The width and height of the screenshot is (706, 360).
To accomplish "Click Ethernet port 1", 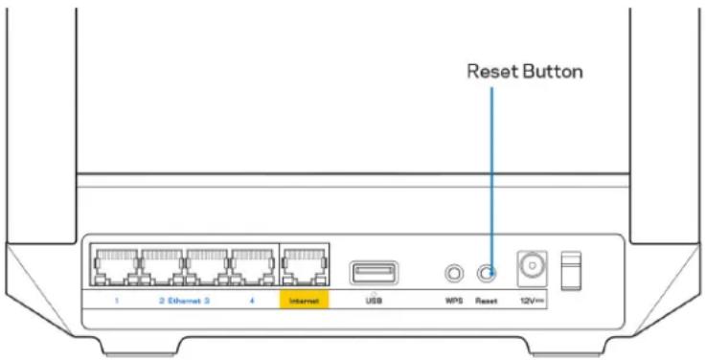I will [115, 263].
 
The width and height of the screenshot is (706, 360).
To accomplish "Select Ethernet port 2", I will [162, 263].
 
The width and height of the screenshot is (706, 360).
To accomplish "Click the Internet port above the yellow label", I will [304, 263].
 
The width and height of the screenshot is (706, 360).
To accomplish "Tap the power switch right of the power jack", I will [570, 270].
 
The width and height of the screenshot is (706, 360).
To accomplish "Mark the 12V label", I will [528, 300].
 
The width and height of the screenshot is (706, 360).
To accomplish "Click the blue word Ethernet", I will [182, 300].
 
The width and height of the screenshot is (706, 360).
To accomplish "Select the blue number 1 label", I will [115, 300].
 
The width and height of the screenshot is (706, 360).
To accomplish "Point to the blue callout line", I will [490, 172].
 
